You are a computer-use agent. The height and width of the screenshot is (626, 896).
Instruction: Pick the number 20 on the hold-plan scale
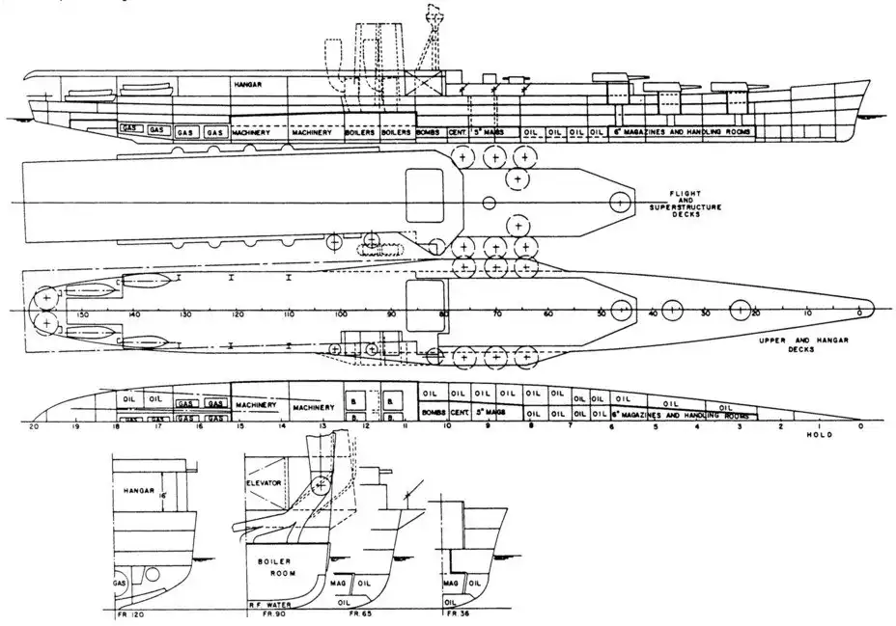coord(35,425)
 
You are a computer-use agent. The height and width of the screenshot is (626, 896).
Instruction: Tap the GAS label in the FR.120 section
coord(120,584)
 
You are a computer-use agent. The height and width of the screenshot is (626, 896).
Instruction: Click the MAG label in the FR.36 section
coord(450,584)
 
